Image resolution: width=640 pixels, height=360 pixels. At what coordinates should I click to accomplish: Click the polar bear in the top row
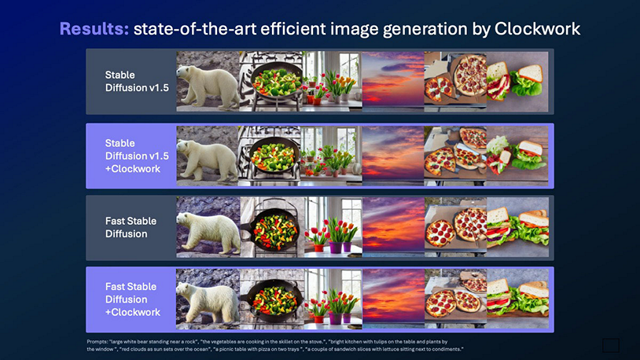(x=205, y=81)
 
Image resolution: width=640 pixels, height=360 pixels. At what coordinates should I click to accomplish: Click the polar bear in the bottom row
(x=205, y=300)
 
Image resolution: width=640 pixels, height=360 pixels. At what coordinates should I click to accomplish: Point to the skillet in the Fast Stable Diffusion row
(x=269, y=228)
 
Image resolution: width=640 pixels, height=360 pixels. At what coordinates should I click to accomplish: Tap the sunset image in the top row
(x=392, y=81)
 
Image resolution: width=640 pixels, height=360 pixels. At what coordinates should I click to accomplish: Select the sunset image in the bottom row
(x=392, y=300)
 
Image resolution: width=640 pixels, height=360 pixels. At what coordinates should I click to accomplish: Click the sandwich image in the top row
(x=517, y=81)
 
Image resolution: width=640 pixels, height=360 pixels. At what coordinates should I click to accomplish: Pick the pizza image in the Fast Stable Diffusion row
(x=454, y=228)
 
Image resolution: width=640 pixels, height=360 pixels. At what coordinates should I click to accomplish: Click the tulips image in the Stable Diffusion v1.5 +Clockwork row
(x=331, y=156)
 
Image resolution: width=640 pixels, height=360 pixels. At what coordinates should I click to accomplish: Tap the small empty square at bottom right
(x=610, y=345)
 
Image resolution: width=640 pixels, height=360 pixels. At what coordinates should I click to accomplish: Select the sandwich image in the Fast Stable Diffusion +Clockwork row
(x=517, y=300)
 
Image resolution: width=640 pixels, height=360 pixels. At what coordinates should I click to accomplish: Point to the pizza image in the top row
(x=454, y=81)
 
